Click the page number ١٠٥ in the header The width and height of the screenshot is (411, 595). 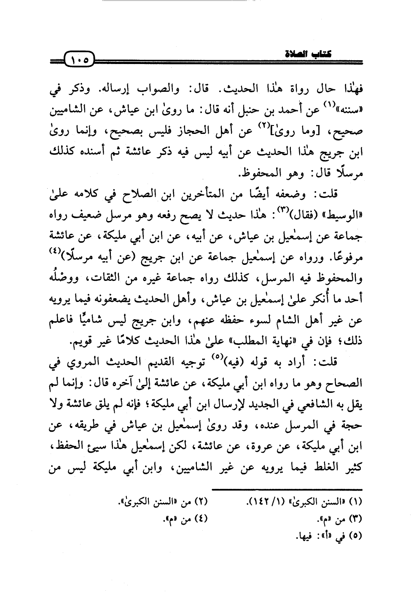(79, 59)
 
